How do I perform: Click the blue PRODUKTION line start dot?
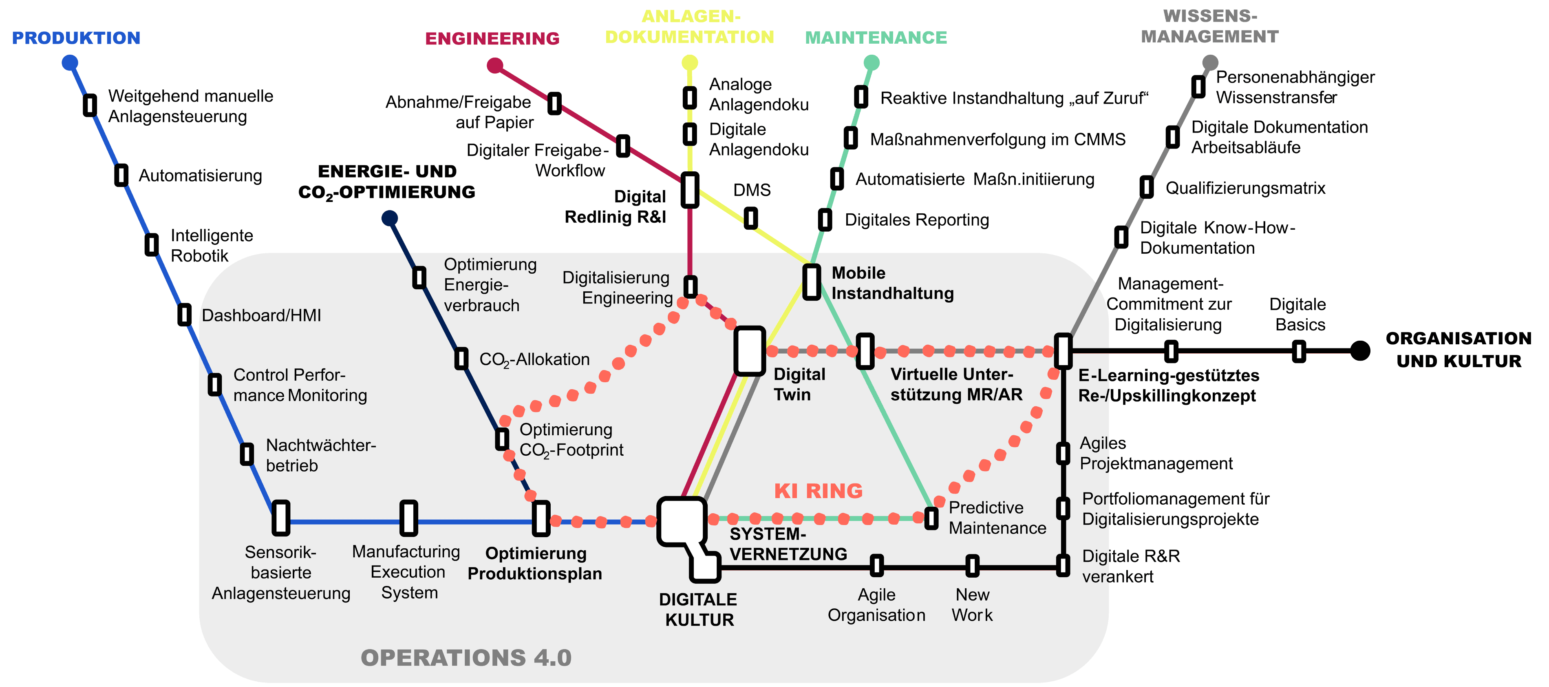point(70,62)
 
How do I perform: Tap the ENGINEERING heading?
point(492,38)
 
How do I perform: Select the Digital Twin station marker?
point(749,351)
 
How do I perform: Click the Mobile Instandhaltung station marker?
point(812,281)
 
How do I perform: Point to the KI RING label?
point(818,491)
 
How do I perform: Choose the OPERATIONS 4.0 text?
point(466,658)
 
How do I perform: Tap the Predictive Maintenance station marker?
point(931,518)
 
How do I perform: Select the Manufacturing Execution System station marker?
point(408,518)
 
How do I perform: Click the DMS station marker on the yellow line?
point(750,218)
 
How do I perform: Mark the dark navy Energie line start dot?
point(390,218)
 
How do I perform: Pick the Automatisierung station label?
point(200,176)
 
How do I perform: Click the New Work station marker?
point(972,565)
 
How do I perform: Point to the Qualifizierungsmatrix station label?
point(1245,188)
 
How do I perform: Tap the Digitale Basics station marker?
point(1299,351)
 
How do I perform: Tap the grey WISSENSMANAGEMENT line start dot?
point(1210,62)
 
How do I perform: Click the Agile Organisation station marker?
point(877,565)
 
